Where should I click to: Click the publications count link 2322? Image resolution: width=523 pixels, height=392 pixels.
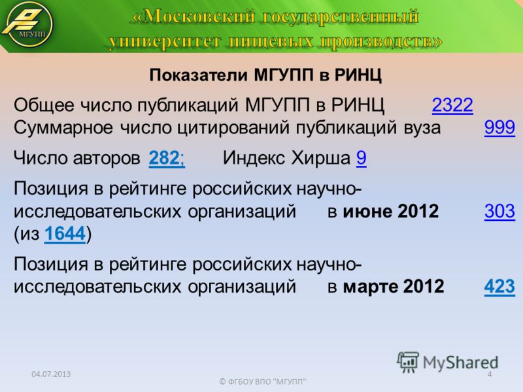452,105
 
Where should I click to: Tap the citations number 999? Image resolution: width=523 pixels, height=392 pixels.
499,127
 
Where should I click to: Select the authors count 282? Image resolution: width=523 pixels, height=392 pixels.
164,157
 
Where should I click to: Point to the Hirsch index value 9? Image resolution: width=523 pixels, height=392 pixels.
362,157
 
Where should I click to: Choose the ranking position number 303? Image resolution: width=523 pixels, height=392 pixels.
499,211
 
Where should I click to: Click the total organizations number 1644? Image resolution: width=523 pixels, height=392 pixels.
65,233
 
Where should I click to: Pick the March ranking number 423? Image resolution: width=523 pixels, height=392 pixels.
499,286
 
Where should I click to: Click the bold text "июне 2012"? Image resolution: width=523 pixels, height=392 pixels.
390,211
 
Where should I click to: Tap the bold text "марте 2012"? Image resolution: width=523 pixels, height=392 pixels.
394,286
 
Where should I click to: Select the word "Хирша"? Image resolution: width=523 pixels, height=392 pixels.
320,157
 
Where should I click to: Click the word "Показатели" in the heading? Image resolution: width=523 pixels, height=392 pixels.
199,75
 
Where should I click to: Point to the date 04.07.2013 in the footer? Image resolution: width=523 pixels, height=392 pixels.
51,374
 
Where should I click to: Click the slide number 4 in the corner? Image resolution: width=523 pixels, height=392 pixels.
489,374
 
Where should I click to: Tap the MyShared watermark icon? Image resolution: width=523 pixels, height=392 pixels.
408,362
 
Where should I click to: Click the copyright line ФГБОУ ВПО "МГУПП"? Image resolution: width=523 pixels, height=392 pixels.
263,382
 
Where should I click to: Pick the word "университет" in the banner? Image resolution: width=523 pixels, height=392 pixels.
165,42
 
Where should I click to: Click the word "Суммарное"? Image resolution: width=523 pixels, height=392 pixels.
63,127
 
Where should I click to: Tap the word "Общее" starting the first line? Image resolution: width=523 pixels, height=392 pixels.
44,105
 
